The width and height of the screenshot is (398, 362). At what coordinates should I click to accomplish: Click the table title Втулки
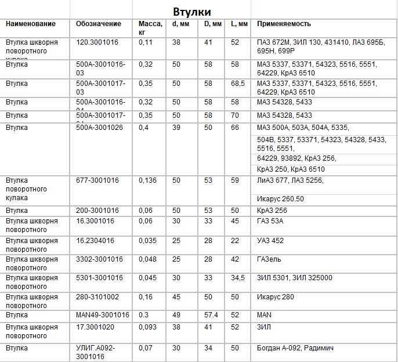click(191, 12)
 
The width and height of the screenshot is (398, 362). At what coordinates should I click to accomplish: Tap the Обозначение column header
click(99, 24)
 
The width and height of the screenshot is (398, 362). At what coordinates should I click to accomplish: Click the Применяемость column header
click(284, 24)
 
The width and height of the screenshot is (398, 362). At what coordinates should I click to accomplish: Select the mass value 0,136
click(149, 180)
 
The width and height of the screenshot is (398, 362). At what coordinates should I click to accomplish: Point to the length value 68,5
click(238, 84)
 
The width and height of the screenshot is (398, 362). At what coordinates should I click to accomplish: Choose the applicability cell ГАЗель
click(271, 259)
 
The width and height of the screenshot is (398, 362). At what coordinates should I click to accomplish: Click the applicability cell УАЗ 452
click(270, 240)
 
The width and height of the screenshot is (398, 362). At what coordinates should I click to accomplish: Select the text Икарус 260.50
click(280, 199)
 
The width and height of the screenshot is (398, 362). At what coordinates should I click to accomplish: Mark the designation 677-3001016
click(97, 180)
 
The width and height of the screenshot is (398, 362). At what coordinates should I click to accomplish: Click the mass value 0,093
click(149, 327)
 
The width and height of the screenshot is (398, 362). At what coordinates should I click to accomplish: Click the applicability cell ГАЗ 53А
click(270, 221)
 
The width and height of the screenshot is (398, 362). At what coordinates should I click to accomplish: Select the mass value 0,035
click(149, 240)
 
